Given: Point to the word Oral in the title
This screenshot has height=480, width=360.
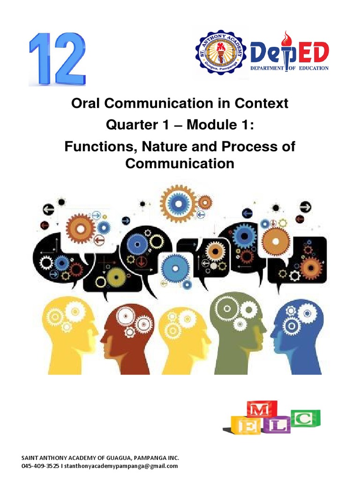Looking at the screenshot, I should pyautogui.click(x=86, y=103).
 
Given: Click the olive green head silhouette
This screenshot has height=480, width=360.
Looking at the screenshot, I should pyautogui.click(x=237, y=333).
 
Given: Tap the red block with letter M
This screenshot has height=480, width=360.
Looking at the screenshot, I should pyautogui.click(x=262, y=411).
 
